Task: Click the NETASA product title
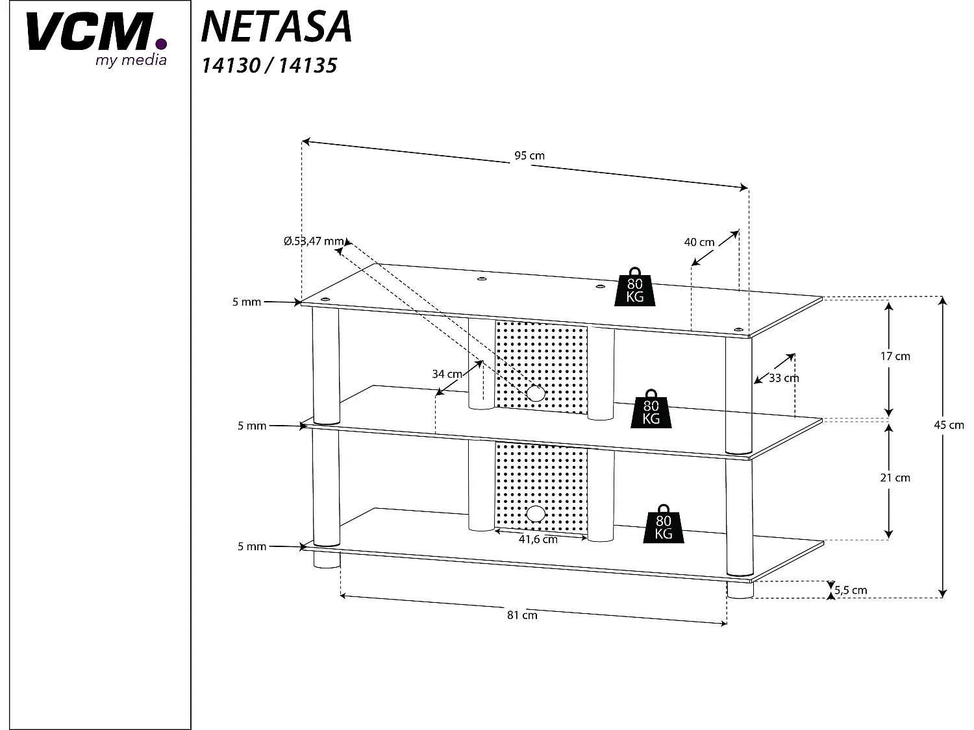click(277, 27)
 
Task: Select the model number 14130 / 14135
click(269, 66)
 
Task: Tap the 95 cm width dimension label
click(529, 156)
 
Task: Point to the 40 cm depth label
click(699, 242)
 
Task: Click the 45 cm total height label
click(949, 425)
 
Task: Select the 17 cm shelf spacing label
click(895, 356)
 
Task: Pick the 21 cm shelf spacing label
click(895, 478)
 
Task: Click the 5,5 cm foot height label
click(851, 590)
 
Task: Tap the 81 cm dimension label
click(522, 615)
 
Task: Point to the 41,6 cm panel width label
click(538, 540)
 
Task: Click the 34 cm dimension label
click(447, 374)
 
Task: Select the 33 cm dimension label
click(784, 378)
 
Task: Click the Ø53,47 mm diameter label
click(314, 241)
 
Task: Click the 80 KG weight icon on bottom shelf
click(663, 524)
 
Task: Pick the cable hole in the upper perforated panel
click(535, 393)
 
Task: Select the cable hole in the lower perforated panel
click(536, 514)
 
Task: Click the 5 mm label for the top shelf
click(247, 302)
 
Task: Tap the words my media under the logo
click(131, 60)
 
